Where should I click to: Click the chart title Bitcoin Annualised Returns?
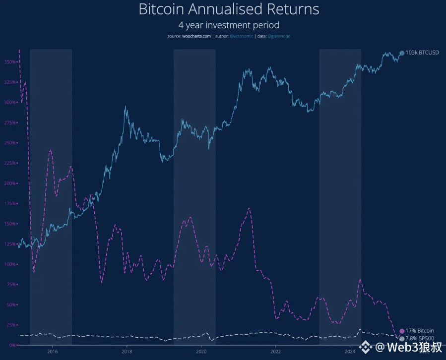point(229,9)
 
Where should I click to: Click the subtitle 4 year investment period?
point(229,24)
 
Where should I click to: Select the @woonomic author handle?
point(241,36)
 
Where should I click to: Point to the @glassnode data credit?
point(279,36)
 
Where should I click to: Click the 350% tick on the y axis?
point(10,62)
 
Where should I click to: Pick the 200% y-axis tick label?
point(10,183)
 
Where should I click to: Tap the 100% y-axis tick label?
point(10,264)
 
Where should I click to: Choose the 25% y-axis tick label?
point(11,325)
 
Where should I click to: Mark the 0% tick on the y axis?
point(12,345)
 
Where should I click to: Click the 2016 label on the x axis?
point(52,351)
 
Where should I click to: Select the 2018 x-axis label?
point(127,351)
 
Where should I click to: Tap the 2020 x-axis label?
point(201,351)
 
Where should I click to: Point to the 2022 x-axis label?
point(275,351)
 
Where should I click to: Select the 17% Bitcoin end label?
point(420,331)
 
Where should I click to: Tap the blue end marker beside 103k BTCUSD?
point(402,53)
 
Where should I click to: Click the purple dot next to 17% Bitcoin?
point(402,331)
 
